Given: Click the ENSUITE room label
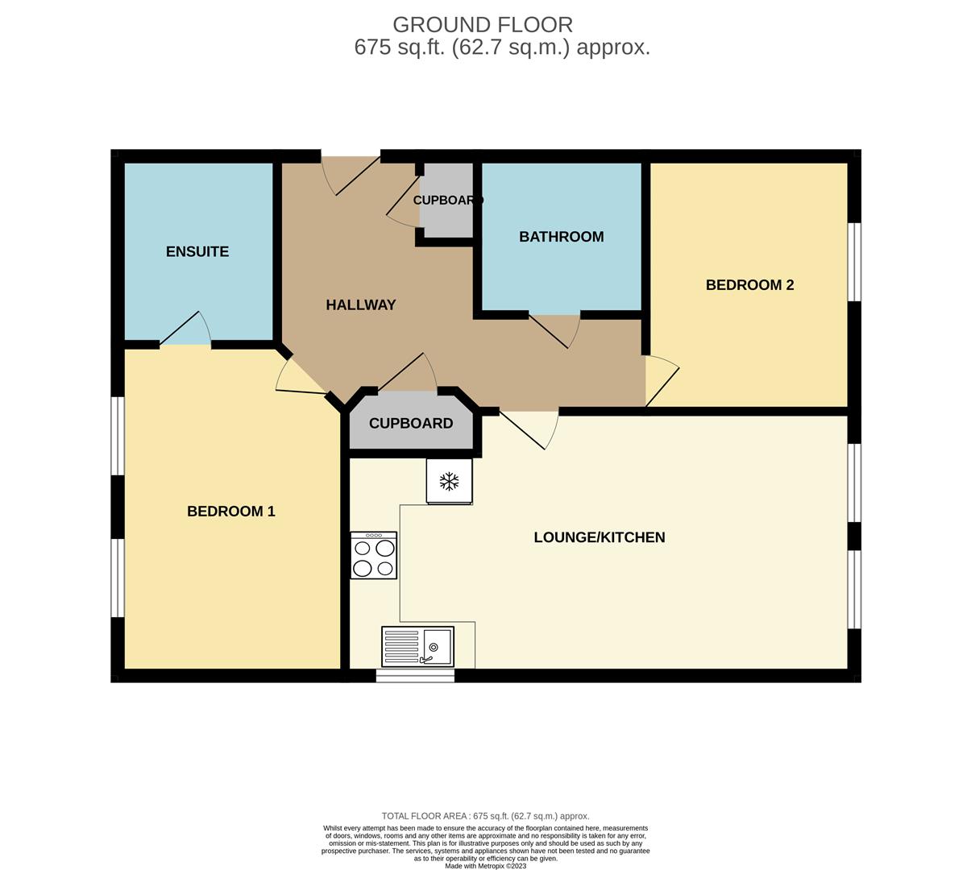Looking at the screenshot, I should (x=197, y=251).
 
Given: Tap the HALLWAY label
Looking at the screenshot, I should (x=360, y=304).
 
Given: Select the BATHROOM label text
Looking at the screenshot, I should (x=561, y=237).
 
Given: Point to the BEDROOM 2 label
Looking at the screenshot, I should (x=749, y=284).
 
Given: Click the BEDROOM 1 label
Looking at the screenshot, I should (x=230, y=511).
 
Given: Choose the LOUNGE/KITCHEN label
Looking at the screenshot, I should (x=599, y=537).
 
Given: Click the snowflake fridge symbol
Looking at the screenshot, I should (x=449, y=482).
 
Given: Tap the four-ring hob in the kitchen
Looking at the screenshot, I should (x=373, y=555).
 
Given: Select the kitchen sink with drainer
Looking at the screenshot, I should (x=417, y=646).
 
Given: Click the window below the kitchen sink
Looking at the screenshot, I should (x=415, y=676).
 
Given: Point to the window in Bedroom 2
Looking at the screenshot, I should (x=854, y=262).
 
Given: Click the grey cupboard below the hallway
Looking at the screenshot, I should (x=411, y=424).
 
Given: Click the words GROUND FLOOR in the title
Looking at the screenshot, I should (x=483, y=24).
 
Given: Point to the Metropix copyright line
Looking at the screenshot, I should (x=485, y=866).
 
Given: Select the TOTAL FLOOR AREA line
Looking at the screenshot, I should (x=485, y=816).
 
